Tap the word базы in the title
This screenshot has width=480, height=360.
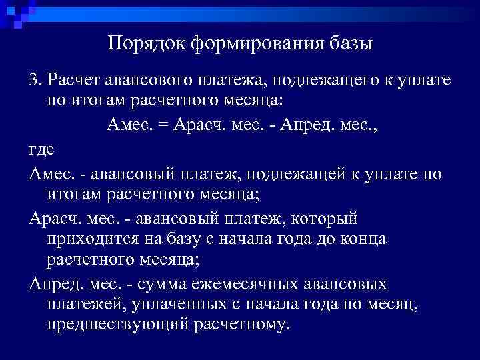tap(351, 45)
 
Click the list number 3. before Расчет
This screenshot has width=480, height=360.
tap(35, 81)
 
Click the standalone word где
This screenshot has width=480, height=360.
tap(41, 151)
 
